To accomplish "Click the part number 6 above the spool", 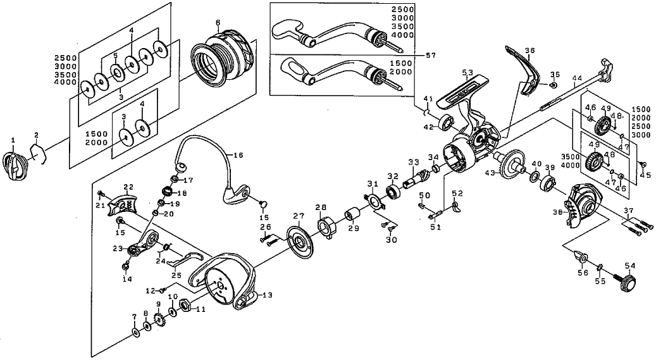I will tap(218, 23).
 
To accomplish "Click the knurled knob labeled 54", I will tap(627, 283).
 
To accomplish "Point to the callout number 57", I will tap(431, 55).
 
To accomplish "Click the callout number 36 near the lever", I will tap(529, 51).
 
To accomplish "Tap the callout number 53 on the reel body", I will tap(467, 73).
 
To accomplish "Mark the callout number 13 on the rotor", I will tap(267, 295).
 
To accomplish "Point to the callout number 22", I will tap(128, 187).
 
